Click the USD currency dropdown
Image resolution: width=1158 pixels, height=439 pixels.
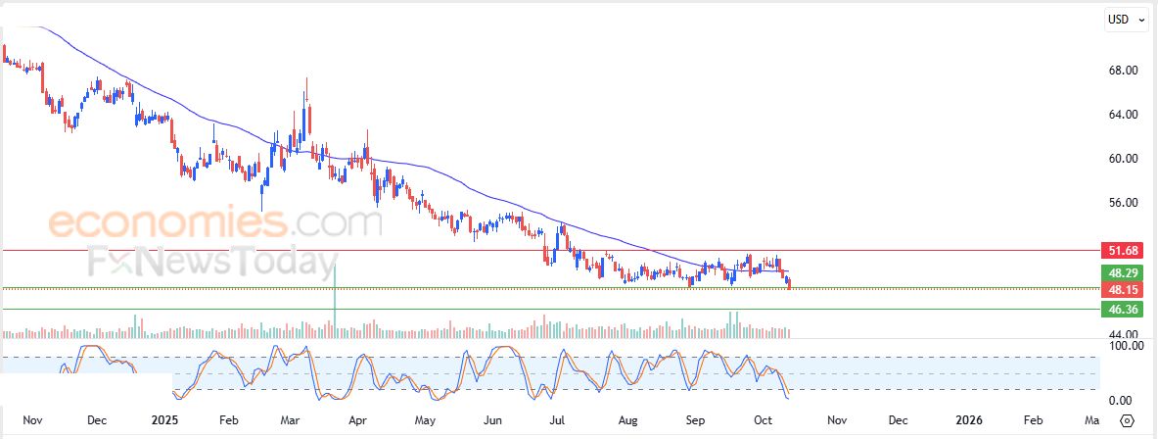(1126, 20)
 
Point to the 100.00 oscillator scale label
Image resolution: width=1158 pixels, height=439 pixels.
(1119, 346)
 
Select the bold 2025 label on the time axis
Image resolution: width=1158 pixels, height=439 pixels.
(163, 420)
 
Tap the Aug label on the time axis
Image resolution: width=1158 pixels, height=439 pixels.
(628, 420)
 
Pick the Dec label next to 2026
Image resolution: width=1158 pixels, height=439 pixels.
(897, 420)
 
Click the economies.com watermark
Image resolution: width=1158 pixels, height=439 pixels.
(215, 223)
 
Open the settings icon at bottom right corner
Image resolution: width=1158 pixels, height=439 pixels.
(1127, 420)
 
